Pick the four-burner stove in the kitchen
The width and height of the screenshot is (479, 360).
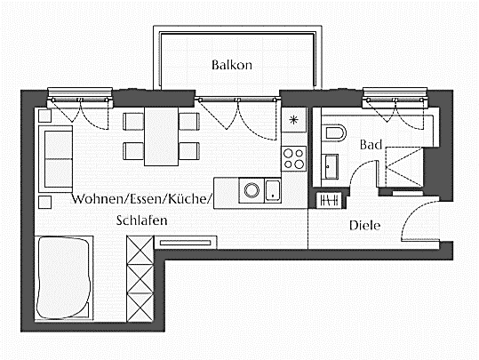(x=293, y=159)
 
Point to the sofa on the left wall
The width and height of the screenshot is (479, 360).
(x=54, y=157)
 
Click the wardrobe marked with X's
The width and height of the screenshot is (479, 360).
(x=141, y=277)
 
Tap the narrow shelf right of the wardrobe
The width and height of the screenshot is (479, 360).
(x=187, y=240)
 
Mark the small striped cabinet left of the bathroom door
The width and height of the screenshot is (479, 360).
(x=329, y=197)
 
